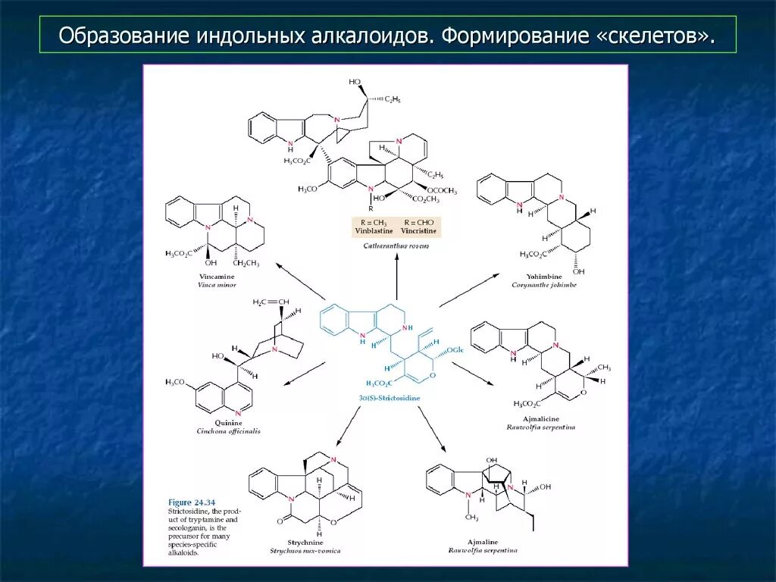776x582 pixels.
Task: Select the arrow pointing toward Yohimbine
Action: click(x=469, y=291)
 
